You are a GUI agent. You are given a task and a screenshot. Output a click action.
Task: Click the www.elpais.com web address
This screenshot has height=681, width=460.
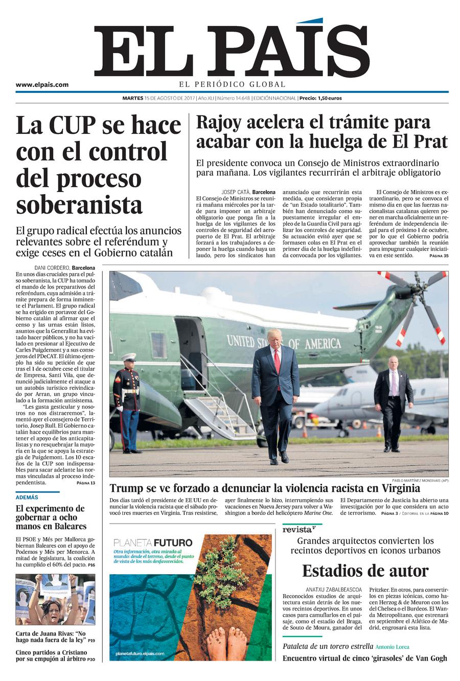(42, 85)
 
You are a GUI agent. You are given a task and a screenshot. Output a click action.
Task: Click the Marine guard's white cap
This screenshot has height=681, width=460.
(129, 357)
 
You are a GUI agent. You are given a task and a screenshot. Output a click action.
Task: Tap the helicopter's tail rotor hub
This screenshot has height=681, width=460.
(417, 290)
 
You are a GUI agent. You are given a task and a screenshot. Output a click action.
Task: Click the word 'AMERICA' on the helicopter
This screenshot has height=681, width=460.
(323, 344)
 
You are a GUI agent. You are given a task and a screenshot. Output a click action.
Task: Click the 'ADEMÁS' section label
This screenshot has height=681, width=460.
(27, 497)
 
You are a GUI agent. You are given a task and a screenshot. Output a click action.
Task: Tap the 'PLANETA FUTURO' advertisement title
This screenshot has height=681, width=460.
(153, 543)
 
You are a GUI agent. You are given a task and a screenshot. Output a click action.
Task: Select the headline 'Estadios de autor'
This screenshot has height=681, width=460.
(365, 571)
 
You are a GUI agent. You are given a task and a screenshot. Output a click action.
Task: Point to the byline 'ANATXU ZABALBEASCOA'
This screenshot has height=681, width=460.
(333, 589)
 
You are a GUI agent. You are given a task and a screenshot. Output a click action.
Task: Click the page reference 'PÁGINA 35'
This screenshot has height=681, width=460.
(439, 255)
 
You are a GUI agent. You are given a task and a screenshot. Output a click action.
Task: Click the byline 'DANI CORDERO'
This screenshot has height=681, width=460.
(52, 268)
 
